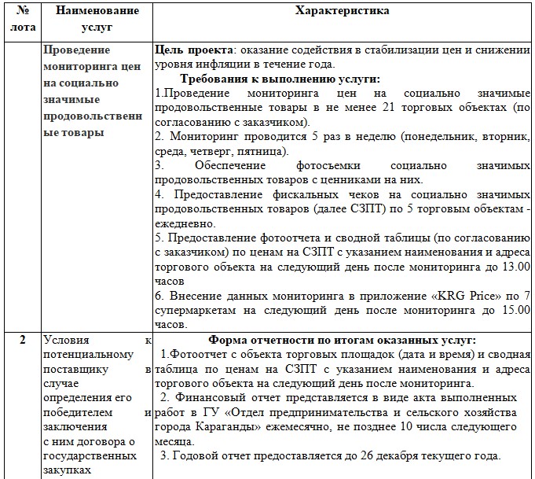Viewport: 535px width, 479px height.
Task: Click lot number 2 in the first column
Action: (x=23, y=341)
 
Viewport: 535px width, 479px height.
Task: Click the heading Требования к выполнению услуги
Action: (x=280, y=79)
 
